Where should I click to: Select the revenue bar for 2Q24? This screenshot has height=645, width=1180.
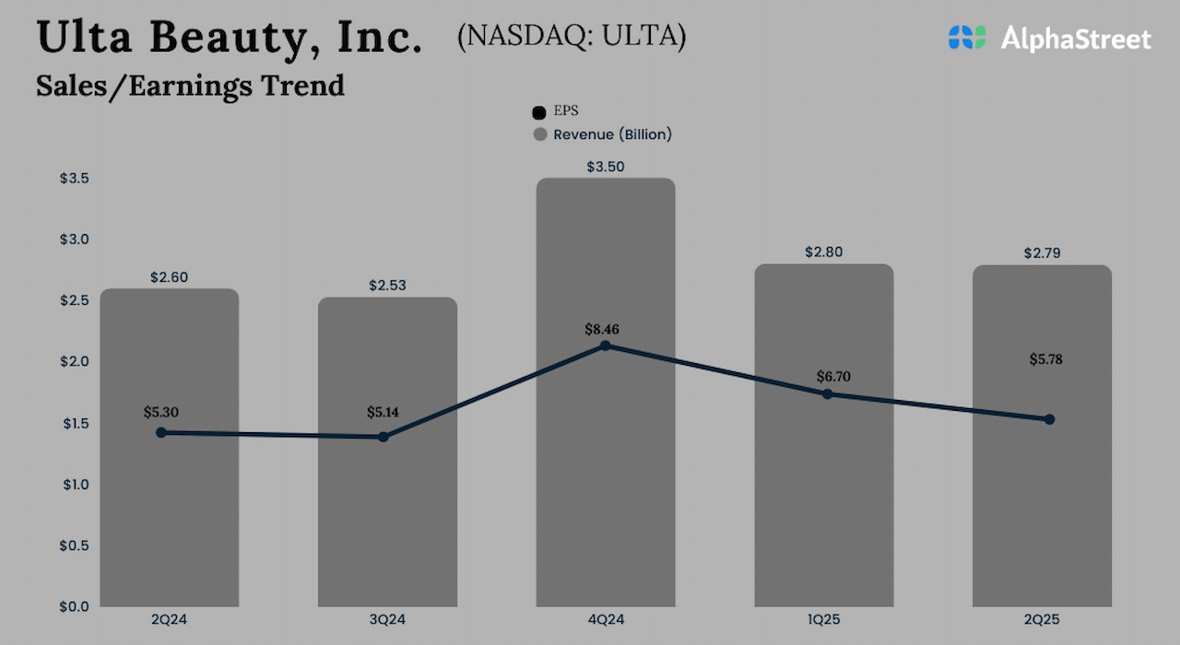(x=170, y=516)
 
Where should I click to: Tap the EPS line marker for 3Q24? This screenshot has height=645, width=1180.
(x=383, y=437)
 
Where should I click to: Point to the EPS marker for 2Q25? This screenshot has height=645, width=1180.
(x=1049, y=419)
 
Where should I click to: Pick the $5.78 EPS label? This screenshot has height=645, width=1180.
(x=1046, y=359)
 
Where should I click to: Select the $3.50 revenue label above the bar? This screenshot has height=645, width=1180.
(x=605, y=167)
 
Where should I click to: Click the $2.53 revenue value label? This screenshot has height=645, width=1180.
(x=387, y=286)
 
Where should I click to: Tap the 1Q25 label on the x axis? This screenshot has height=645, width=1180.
(x=823, y=620)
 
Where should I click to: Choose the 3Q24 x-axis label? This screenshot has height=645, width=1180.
(x=387, y=620)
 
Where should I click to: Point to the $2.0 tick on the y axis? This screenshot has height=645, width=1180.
(x=75, y=361)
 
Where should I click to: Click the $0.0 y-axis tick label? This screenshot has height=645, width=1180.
(x=75, y=606)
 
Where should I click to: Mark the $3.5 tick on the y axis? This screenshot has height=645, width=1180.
(x=75, y=178)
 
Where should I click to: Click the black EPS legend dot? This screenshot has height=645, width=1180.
(x=540, y=112)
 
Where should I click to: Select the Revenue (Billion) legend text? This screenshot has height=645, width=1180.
(x=612, y=135)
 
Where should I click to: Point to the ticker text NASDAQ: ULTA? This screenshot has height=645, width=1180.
(x=572, y=36)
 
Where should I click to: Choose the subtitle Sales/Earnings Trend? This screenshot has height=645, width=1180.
(x=190, y=85)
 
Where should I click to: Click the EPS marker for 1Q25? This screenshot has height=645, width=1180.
(x=827, y=394)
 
